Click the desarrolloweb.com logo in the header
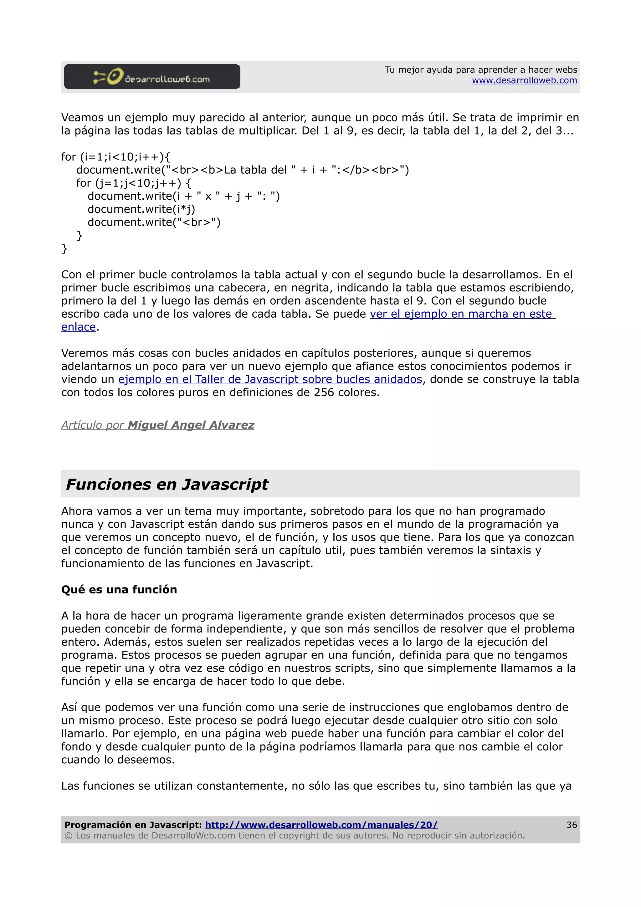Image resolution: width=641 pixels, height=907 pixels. click(x=152, y=77)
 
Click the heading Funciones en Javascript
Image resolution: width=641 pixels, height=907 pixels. click(x=167, y=484)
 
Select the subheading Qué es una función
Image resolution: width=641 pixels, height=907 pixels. click(x=119, y=589)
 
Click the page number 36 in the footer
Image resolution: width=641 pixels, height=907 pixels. click(x=571, y=825)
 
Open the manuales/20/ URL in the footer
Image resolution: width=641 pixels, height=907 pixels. click(x=321, y=825)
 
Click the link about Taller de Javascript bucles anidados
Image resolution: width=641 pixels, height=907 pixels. click(x=270, y=379)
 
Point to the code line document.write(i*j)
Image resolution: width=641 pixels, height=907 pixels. click(x=141, y=209)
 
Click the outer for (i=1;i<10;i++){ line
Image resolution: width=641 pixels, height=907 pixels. click(x=115, y=157)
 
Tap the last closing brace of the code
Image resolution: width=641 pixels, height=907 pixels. click(x=64, y=249)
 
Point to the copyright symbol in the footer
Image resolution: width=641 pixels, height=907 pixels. click(x=68, y=836)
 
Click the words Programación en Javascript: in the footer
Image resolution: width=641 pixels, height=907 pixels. click(x=133, y=825)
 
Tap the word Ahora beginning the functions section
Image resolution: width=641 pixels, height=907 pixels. click(x=77, y=511)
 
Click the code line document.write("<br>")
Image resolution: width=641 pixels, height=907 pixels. click(x=154, y=223)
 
